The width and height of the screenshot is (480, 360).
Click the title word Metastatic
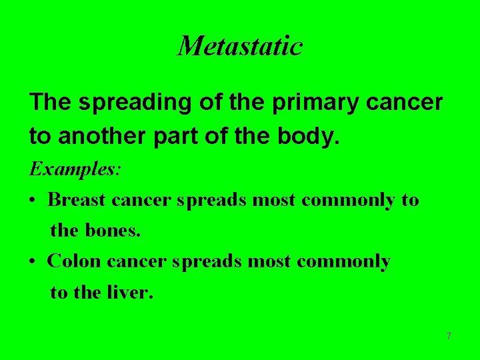[x=240, y=46]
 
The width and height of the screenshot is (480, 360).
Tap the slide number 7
[x=449, y=336]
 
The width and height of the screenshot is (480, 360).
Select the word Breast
[x=77, y=199]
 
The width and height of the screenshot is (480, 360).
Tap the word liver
[x=129, y=292]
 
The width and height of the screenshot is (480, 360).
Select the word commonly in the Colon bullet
[x=343, y=262]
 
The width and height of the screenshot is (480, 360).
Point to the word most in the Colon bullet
[x=270, y=262]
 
